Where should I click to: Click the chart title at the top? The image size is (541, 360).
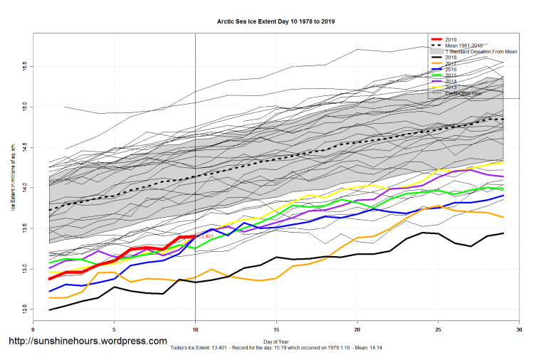pyautogui.click(x=276, y=22)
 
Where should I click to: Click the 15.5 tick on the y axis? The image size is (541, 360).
pyautogui.click(x=25, y=65)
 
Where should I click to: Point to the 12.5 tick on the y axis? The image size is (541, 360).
pyautogui.click(x=25, y=309)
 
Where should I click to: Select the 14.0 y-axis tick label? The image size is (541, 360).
pyautogui.click(x=25, y=187)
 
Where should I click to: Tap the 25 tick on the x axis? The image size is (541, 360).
pyautogui.click(x=438, y=329)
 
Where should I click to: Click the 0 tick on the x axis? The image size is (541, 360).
pyautogui.click(x=33, y=329)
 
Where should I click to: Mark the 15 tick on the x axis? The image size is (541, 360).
pyautogui.click(x=276, y=329)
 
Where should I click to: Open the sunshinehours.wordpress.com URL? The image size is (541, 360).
pyautogui.click(x=87, y=341)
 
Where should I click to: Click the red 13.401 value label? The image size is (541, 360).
pyautogui.click(x=206, y=235)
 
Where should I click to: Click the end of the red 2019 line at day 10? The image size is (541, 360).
pyautogui.click(x=195, y=235)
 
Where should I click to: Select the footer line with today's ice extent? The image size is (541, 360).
pyautogui.click(x=276, y=348)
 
